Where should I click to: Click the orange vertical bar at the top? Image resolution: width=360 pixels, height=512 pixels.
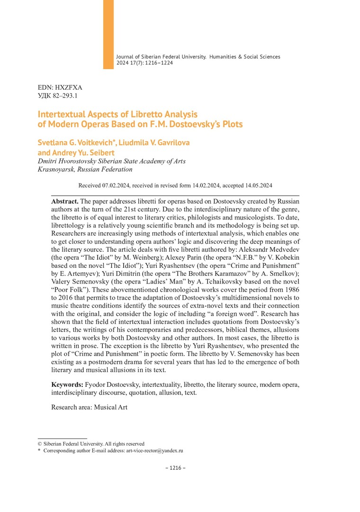pyautogui.click(x=108, y=34)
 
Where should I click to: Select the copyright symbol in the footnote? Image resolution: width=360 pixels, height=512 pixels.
pyautogui.click(x=40, y=444)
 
